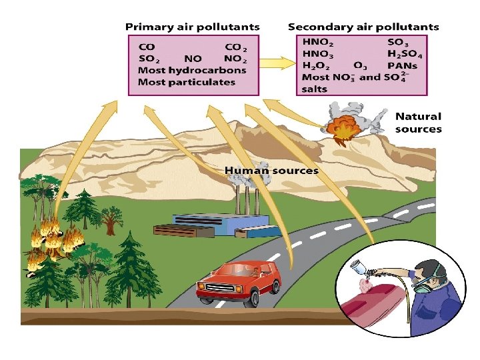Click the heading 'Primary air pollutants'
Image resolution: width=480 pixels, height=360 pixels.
pyautogui.click(x=192, y=27)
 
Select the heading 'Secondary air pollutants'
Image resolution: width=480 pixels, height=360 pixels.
pyautogui.click(x=363, y=27)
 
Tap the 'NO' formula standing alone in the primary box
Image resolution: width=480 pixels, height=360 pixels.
pyautogui.click(x=193, y=59)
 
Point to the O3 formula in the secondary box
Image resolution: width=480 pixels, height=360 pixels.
pyautogui.click(x=360, y=65)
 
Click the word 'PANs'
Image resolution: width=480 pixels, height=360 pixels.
pyautogui.click(x=402, y=65)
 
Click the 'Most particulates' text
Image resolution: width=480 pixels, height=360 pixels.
pyautogui.click(x=186, y=82)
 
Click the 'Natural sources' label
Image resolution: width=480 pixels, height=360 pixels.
pyautogui.click(x=418, y=123)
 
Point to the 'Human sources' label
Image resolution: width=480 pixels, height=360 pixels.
pyautogui.click(x=271, y=171)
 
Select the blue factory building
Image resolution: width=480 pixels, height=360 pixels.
pyautogui.click(x=213, y=224)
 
